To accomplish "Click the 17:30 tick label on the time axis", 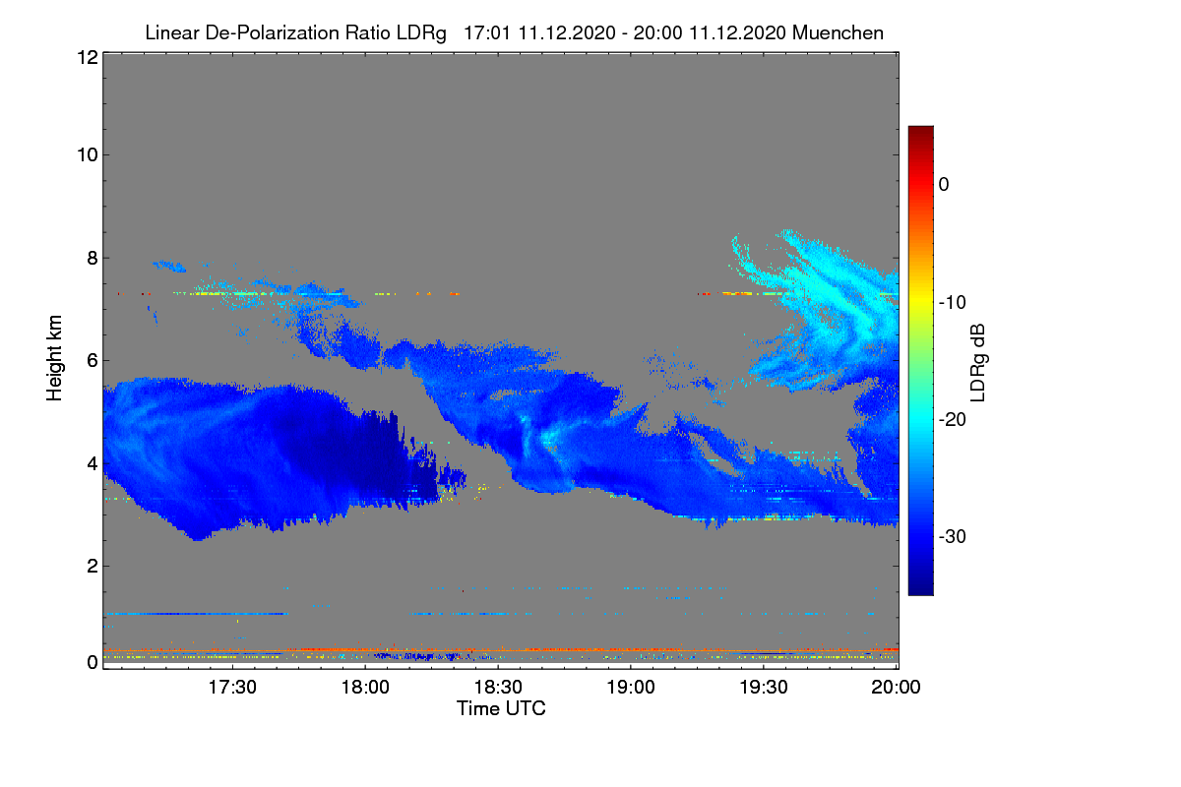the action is pos(232,688).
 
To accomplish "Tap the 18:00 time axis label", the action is pos(365,688).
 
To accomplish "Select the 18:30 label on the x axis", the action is pos(498,688).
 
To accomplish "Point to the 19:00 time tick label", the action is pos(631,688).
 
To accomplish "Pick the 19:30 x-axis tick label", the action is pos(764,688).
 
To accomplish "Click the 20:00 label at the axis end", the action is pos(896,688).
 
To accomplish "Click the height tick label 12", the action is pos(88,57).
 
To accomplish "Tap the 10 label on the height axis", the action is pos(88,155).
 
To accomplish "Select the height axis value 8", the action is pos(93,259).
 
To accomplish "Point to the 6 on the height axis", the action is pos(93,361).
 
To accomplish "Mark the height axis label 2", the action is pos(93,566).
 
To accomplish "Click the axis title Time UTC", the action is pos(501,708).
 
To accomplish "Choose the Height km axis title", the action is pos(54,358).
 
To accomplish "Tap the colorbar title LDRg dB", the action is pos(977,363).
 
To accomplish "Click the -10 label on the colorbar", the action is pos(953,303).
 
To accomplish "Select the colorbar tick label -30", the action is pos(953,536).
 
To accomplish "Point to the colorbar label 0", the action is pos(944,185).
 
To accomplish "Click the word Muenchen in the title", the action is pos(838,32).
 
